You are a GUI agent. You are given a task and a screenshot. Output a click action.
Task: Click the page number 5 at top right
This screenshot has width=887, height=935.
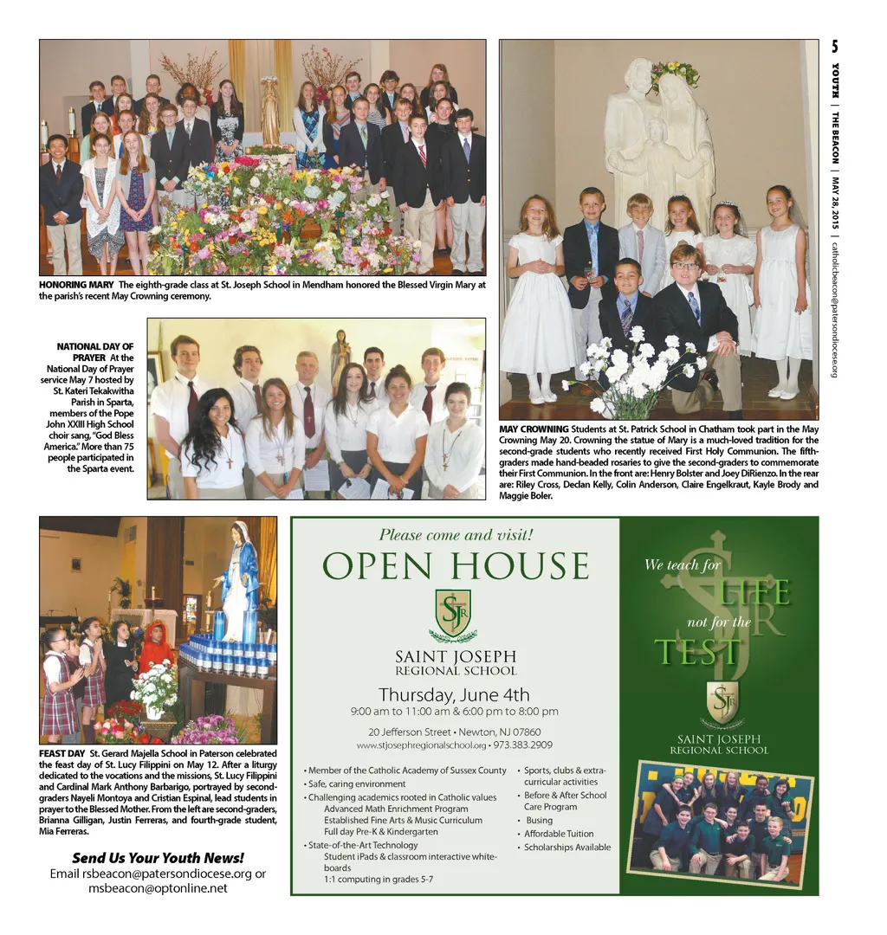point(834,47)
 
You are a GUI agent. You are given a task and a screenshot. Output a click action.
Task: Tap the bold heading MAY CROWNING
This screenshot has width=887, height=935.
point(534,429)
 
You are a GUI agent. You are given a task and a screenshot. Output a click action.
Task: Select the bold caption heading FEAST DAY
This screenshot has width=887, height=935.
point(62,753)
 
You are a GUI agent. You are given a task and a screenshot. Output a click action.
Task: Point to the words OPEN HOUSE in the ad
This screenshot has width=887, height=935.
point(456,567)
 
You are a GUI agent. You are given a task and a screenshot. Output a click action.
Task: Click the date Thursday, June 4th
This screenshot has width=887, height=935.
point(454,694)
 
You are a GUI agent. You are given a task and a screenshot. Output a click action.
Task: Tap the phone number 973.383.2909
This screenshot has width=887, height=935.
point(523,745)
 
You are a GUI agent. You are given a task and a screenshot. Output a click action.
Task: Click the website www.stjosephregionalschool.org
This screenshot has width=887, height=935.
point(421,745)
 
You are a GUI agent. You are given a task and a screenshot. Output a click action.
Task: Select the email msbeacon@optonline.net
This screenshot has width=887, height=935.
point(158,887)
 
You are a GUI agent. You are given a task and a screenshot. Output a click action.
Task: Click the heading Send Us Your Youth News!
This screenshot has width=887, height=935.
point(158,858)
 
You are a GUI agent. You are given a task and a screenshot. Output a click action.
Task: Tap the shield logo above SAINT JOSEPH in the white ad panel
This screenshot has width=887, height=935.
point(453,612)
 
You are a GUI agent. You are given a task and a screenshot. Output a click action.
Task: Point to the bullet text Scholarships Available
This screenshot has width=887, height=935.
point(567,848)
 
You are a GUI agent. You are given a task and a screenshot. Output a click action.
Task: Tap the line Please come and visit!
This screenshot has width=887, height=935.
point(456,535)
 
